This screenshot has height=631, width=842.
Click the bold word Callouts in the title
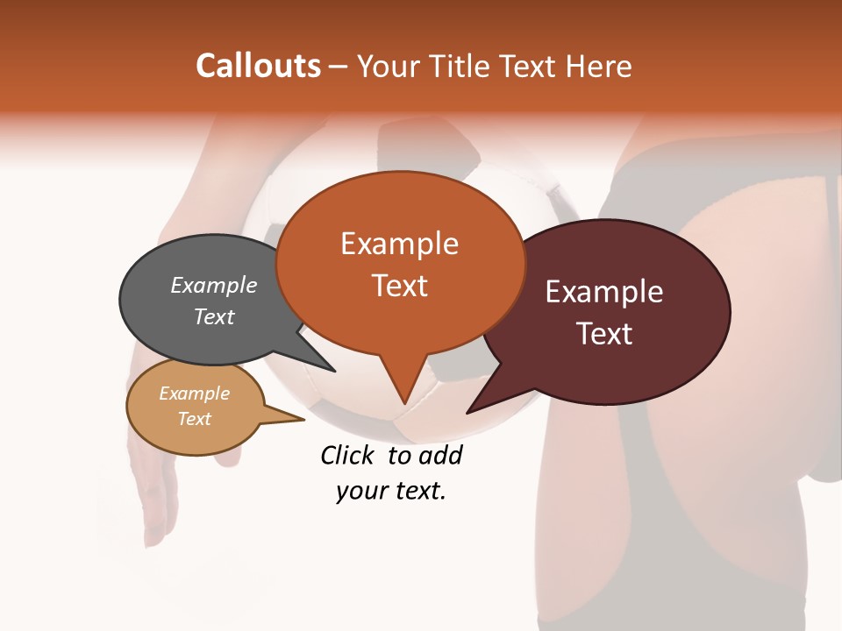pos(258,66)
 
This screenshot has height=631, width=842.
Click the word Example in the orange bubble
pos(399,244)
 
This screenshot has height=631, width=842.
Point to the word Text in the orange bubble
pos(399,286)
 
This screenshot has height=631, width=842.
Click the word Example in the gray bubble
pos(214,285)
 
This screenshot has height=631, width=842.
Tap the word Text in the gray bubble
pos(214,316)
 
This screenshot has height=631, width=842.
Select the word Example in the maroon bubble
pos(604,292)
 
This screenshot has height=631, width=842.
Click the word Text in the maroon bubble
pos(605,334)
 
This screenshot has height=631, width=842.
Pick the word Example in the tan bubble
pos(195,393)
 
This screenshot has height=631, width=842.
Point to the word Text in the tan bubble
pos(195,419)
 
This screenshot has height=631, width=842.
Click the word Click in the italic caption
pos(347,455)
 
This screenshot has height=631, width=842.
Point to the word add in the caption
pos(440,455)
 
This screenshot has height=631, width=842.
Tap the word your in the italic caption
pos(359,491)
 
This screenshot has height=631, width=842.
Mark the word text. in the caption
pos(416,491)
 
